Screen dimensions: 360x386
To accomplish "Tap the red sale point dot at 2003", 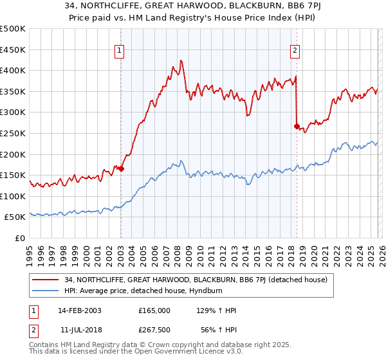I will [x=121, y=169].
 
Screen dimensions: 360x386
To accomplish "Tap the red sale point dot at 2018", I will [x=297, y=126].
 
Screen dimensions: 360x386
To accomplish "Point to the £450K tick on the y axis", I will [x=14, y=50].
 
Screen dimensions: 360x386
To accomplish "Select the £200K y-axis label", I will [x=14, y=154].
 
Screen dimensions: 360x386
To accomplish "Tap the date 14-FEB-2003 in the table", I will [x=79, y=310].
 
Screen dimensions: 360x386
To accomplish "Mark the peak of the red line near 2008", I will [x=181, y=60].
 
